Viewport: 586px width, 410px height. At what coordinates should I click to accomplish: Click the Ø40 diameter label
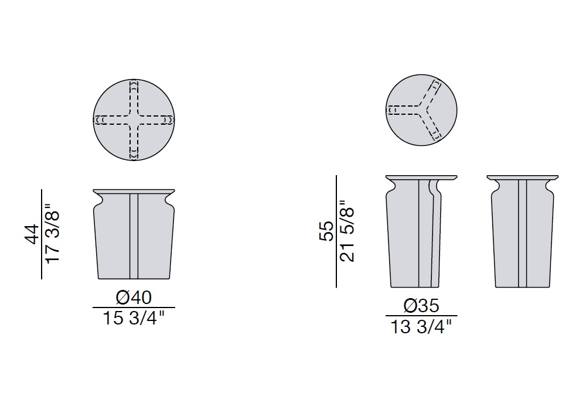click(134, 298)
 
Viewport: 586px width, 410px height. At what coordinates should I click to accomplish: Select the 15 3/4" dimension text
click(134, 319)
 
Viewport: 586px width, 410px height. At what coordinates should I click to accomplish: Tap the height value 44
click(32, 234)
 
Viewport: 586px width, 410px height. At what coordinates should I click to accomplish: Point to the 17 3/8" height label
click(53, 233)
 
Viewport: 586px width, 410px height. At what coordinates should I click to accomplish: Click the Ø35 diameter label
click(421, 306)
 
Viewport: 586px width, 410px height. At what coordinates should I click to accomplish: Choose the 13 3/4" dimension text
click(421, 327)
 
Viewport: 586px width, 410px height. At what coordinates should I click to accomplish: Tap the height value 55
click(326, 231)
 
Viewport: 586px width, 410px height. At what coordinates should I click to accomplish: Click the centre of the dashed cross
click(134, 120)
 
